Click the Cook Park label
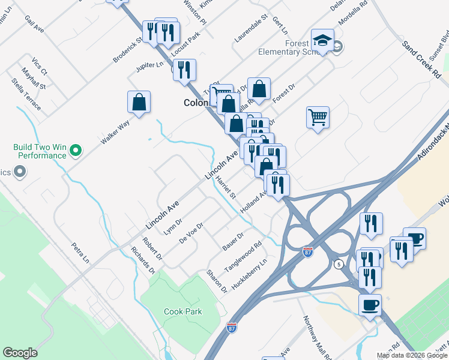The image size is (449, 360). [183, 311]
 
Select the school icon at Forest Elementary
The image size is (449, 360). [322, 41]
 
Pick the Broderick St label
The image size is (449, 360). [128, 49]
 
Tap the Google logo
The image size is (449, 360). [20, 353]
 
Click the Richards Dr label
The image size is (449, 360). [143, 260]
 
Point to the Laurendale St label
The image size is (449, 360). [250, 29]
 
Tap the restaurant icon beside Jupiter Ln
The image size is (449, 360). [184, 70]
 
